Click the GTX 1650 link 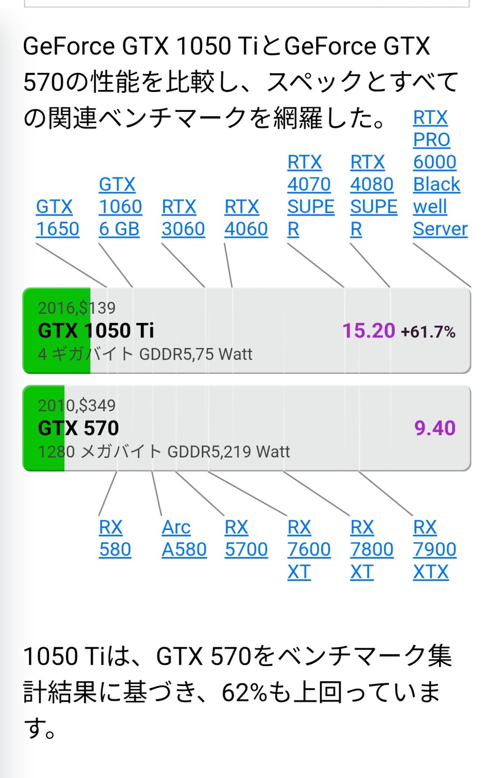[57, 217]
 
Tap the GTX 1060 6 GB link [120, 207]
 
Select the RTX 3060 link [183, 217]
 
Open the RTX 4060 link [246, 217]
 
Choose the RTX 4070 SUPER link [310, 195]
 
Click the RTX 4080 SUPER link [373, 195]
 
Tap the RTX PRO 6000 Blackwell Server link [439, 173]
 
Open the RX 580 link [115, 538]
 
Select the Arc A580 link [184, 538]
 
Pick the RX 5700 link [246, 538]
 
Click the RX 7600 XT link [308, 549]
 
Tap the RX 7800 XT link [371, 549]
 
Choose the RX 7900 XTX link [434, 549]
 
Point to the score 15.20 [369, 331]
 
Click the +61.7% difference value [428, 332]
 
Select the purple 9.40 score [435, 428]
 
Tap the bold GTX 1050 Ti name [96, 331]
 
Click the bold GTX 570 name [78, 428]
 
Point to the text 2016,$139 [77, 308]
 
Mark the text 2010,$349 [77, 405]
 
